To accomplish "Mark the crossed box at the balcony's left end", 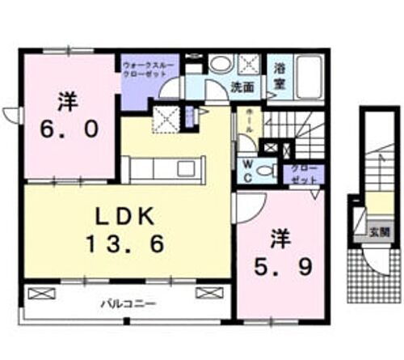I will click(x=41, y=292).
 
